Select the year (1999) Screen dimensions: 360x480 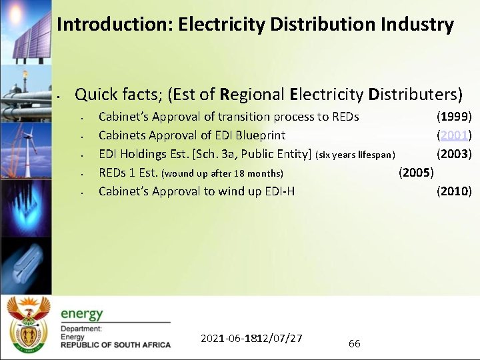(454, 117)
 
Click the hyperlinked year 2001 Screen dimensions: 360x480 (454, 135)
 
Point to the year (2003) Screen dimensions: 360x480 (454, 154)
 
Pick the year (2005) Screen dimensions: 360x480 (416, 173)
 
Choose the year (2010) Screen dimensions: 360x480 (454, 191)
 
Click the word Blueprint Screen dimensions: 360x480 (259, 135)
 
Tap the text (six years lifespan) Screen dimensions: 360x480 (360, 155)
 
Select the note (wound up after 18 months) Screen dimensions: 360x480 (223, 174)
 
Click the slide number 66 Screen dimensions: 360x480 (355, 343)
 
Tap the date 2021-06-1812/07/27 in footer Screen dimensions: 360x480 (251, 338)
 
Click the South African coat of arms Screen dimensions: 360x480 (28, 325)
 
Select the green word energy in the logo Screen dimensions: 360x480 (82, 313)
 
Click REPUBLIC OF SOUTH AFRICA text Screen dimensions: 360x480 (115, 345)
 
